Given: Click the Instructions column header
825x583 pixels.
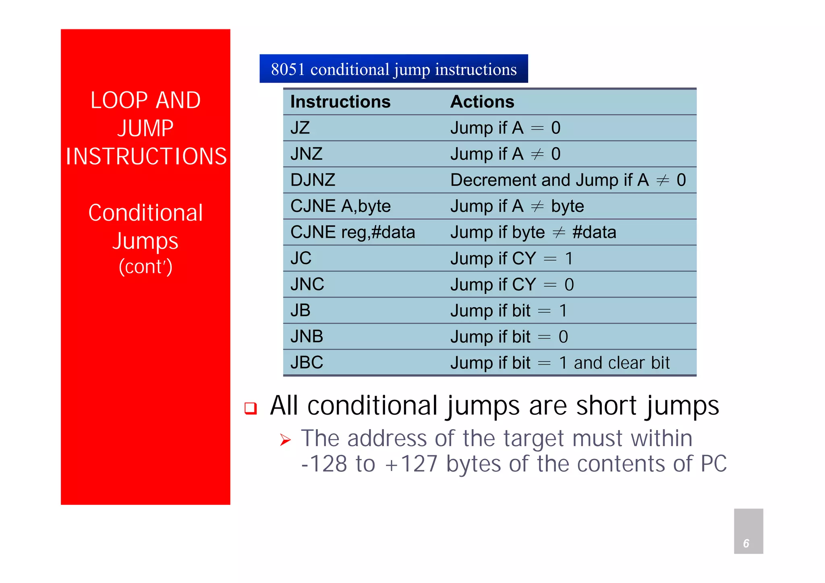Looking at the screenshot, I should [340, 102].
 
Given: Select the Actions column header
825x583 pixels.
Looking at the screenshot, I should [482, 102].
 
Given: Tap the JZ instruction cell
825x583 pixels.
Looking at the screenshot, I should [300, 128].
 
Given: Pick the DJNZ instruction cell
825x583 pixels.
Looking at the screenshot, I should [313, 180].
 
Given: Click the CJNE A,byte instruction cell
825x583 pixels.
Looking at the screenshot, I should [340, 206].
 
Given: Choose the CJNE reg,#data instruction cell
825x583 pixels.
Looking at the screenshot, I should [352, 232].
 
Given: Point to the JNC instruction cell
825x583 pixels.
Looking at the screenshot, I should [307, 284].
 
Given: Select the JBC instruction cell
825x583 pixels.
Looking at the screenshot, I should [307, 362].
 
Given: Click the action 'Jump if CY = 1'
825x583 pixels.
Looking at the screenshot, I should [512, 258].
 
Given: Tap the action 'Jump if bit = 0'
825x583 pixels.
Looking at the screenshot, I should [509, 337].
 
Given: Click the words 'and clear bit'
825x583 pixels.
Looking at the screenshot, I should [622, 363].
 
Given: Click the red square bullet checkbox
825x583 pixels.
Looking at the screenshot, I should [251, 408].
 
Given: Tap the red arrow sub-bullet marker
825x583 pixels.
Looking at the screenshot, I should [285, 440].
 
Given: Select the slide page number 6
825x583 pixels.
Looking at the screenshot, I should [746, 544].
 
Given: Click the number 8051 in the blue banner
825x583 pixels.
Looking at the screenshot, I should [288, 69].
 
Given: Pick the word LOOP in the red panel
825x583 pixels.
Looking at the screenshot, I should [119, 100].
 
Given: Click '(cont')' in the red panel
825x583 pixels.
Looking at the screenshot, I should [145, 267].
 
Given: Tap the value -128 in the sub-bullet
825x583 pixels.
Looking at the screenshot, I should [324, 464].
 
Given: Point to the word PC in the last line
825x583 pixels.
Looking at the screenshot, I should [713, 464].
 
